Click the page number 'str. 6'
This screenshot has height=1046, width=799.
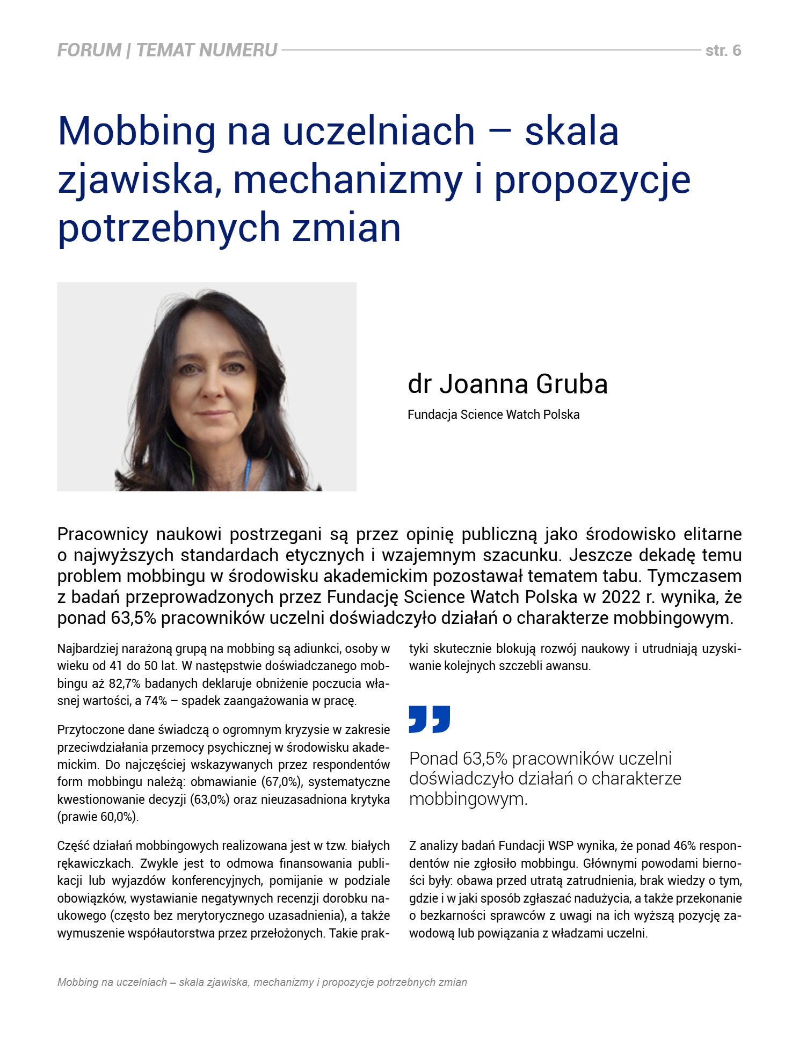coord(723,50)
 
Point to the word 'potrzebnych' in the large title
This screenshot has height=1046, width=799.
coord(169,228)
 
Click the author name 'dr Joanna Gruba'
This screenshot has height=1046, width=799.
coord(507,384)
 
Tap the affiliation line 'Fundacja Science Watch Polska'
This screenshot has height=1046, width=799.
coord(493,415)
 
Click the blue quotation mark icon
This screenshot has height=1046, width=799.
coord(429,719)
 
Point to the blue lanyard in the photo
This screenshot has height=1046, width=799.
coord(248,473)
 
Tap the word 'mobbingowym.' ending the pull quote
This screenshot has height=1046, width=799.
coord(468,799)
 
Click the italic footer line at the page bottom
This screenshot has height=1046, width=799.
coord(262,982)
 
